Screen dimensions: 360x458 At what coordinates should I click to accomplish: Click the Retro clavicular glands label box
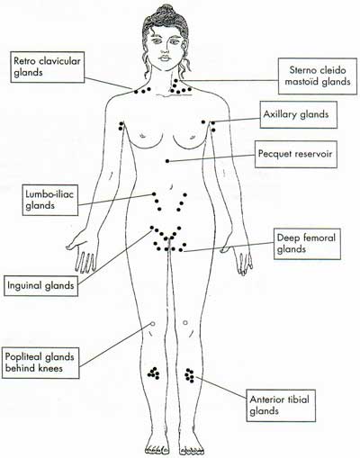pyautogui.click(x=48, y=67)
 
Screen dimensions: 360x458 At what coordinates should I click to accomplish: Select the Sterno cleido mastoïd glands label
pyautogui.click(x=318, y=76)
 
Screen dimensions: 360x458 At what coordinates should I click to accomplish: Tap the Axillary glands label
pyautogui.click(x=299, y=114)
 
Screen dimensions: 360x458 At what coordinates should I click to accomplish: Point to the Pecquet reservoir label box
pyautogui.click(x=296, y=154)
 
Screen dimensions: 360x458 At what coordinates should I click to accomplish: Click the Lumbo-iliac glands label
pyautogui.click(x=50, y=200)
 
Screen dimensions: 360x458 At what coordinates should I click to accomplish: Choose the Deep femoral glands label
pyautogui.click(x=307, y=244)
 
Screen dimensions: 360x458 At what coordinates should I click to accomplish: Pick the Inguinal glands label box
pyautogui.click(x=40, y=285)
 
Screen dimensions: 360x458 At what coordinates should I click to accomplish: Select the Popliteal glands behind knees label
pyautogui.click(x=40, y=363)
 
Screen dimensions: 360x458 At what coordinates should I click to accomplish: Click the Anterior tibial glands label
pyautogui.click(x=281, y=406)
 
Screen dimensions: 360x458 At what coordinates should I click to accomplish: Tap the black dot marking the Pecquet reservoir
pyautogui.click(x=167, y=161)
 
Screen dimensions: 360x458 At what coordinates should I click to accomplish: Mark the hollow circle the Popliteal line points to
pyautogui.click(x=152, y=324)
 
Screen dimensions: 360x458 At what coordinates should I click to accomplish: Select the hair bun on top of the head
pyautogui.click(x=163, y=12)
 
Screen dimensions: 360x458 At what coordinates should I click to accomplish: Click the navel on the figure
pyautogui.click(x=171, y=186)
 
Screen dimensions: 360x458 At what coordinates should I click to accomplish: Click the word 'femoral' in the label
pyautogui.click(x=319, y=238)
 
